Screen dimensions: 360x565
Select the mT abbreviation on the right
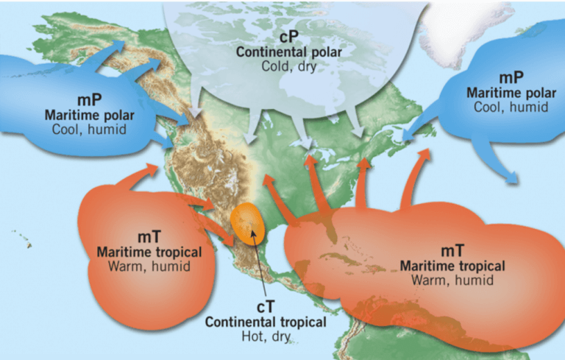coord(452,251)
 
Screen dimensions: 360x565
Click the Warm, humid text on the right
coord(452,280)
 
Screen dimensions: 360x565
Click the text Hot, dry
coord(266,336)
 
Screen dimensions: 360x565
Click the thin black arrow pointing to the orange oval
coord(259,265)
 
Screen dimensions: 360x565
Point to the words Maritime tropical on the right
coord(452,266)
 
